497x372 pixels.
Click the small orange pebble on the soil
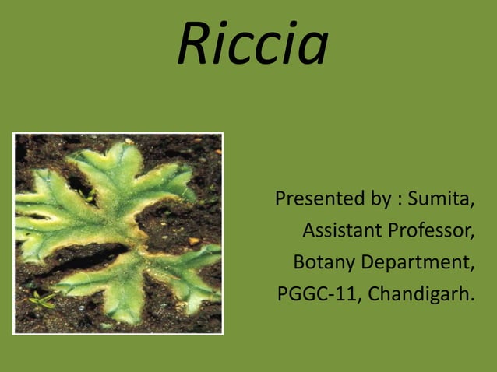tap(194, 241)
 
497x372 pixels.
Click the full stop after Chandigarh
tap(471, 301)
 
